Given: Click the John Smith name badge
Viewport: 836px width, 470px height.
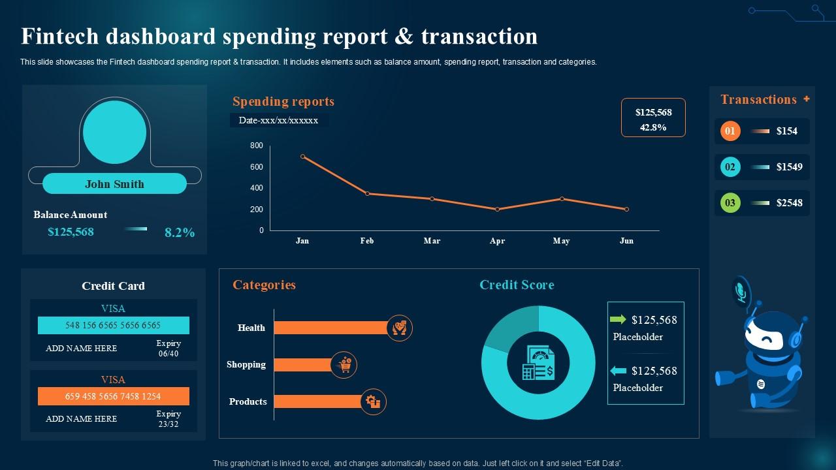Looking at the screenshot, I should [x=114, y=184].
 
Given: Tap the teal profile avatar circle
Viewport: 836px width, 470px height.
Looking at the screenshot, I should [x=115, y=133].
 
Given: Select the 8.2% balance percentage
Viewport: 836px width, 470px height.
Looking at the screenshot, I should [x=180, y=232].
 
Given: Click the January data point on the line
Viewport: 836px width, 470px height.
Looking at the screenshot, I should [x=302, y=157].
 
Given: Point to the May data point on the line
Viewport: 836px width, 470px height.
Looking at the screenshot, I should [x=562, y=198].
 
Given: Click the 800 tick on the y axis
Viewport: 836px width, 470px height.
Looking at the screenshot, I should [x=257, y=146].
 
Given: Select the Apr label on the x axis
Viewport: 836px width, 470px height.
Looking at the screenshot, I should [x=497, y=241].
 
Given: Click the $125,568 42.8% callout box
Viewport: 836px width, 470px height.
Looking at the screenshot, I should [x=652, y=118].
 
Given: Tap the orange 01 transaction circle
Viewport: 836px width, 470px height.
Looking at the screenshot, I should [x=730, y=131].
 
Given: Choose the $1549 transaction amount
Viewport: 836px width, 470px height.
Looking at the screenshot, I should [x=789, y=167].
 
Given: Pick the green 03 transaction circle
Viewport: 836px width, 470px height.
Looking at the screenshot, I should [x=730, y=203].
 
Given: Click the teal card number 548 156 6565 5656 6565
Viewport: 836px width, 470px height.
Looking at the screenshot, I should [x=113, y=325].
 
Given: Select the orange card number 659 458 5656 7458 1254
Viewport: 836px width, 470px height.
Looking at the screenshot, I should [x=113, y=396].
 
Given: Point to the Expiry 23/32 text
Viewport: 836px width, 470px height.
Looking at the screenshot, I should [x=169, y=419].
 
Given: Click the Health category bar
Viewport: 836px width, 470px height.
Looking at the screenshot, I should [x=330, y=328].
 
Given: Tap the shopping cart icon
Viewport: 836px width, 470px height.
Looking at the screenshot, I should [x=344, y=365].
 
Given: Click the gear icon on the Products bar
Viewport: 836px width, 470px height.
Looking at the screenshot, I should [x=374, y=401].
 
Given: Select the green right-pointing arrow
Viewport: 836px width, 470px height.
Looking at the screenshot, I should [x=618, y=319].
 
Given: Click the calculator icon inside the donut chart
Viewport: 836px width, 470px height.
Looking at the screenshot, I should [x=538, y=363].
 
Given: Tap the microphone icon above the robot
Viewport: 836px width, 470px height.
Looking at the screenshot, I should [x=741, y=290].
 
